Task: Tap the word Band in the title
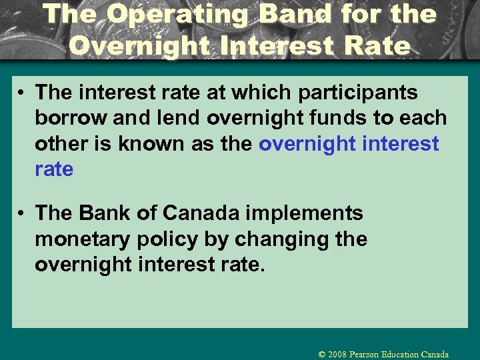click(291, 14)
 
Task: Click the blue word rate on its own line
click(53, 169)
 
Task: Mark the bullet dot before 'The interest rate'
click(22, 93)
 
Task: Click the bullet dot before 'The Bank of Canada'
click(22, 214)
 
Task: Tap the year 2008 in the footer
click(339, 354)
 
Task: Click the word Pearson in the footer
click(369, 354)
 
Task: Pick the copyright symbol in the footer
click(322, 354)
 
